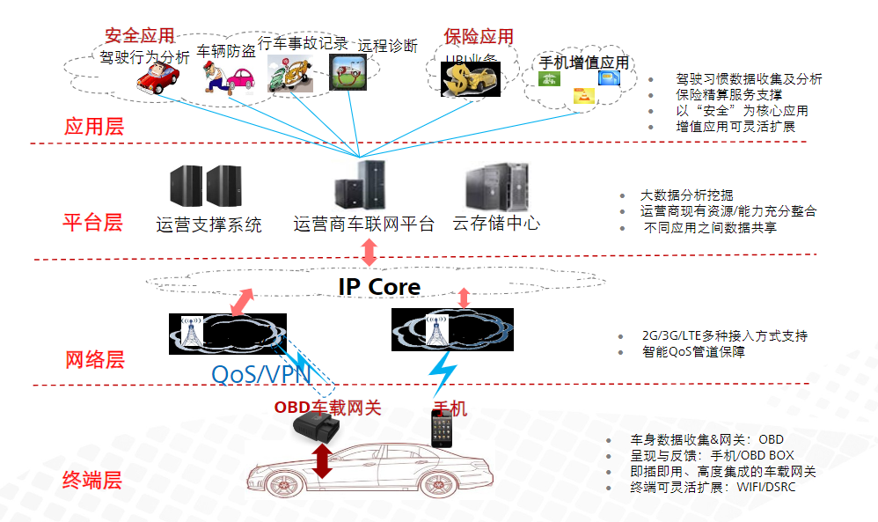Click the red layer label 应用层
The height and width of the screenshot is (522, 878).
(94, 127)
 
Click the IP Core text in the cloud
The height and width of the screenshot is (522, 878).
(379, 287)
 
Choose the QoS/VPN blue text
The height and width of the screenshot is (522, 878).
(261, 374)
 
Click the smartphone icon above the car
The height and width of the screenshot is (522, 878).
(443, 427)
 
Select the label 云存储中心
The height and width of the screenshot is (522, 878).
(496, 224)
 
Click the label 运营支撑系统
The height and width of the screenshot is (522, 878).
(209, 225)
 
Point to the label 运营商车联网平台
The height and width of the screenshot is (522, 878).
(363, 224)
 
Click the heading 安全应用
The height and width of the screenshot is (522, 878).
(139, 36)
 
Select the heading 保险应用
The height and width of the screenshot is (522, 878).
(479, 37)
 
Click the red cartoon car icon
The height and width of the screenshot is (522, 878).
(158, 80)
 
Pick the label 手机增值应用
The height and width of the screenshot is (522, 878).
(583, 63)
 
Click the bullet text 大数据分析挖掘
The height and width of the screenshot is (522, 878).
(686, 195)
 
